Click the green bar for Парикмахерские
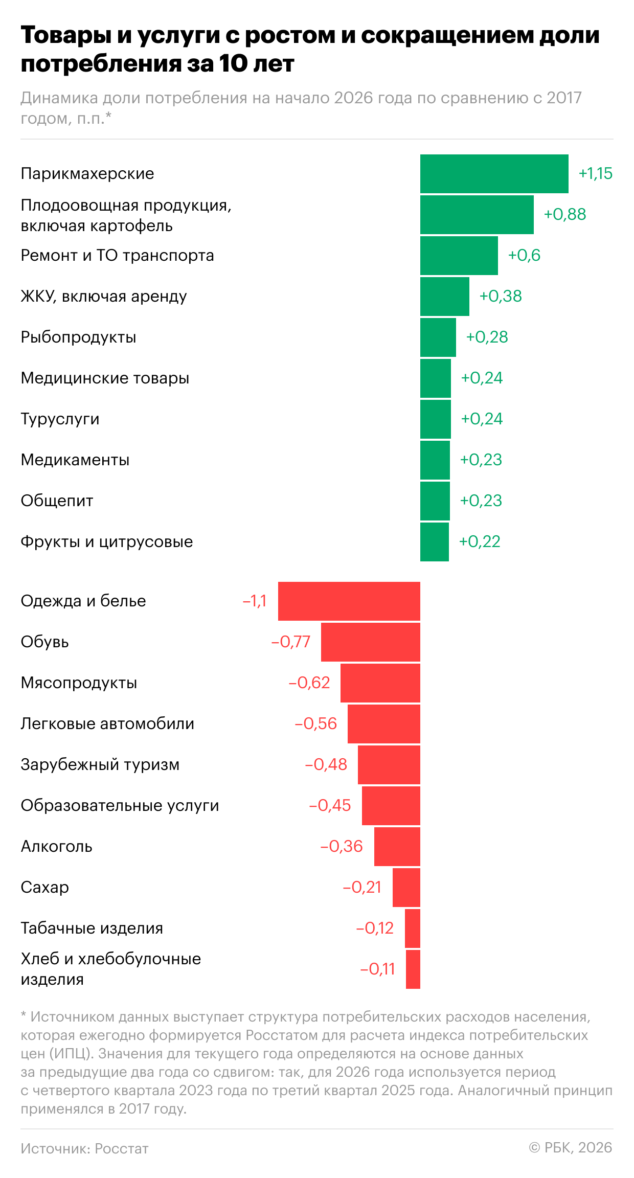(494, 174)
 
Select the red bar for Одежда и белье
(349, 601)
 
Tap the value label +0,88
(564, 214)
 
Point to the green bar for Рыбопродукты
(438, 337)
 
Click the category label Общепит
(57, 501)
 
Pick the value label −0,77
(290, 642)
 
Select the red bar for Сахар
(406, 888)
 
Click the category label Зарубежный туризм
(100, 765)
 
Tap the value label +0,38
(500, 296)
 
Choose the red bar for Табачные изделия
(412, 928)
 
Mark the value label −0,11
(377, 969)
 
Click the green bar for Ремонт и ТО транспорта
(459, 256)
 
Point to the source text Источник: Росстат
(84, 1149)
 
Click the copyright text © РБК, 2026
(570, 1148)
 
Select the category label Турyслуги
(60, 419)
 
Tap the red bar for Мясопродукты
(380, 683)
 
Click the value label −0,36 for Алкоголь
(341, 847)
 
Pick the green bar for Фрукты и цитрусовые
(434, 542)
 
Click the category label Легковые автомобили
(107, 724)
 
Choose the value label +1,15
(595, 174)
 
